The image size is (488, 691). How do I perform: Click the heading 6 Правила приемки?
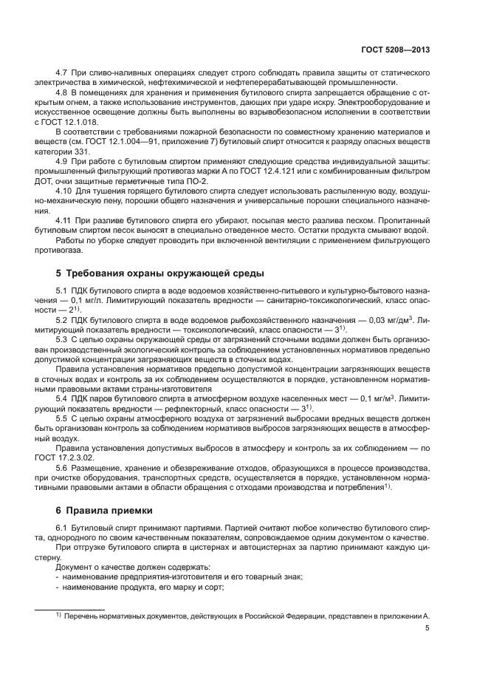pyautogui.click(x=103, y=509)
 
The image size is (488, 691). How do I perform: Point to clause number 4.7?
pyautogui.click(x=63, y=73)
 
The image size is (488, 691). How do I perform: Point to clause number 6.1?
pyautogui.click(x=63, y=526)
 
